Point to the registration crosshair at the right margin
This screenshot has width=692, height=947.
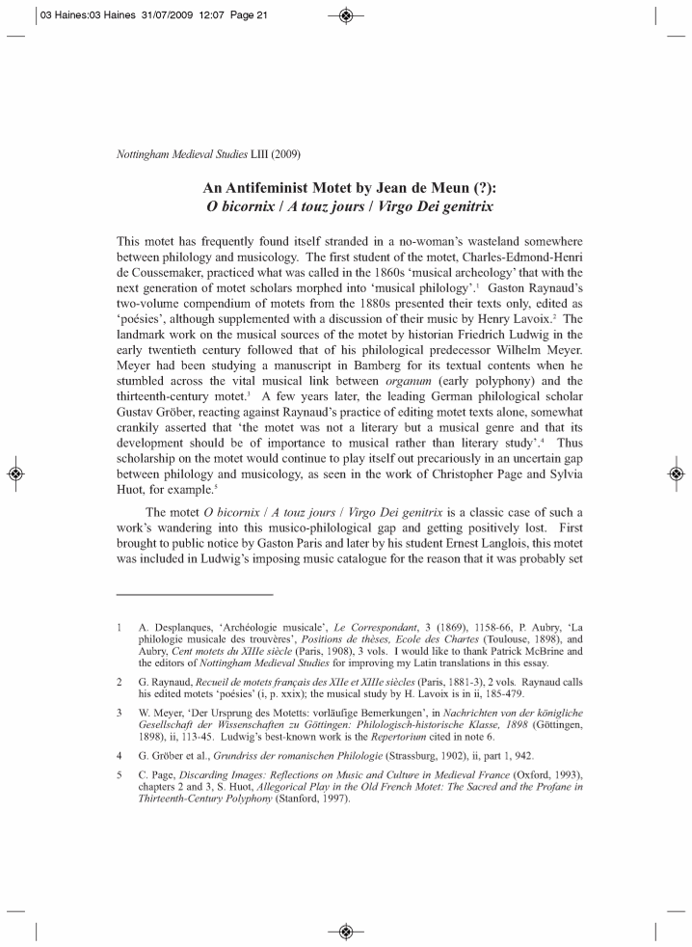(677, 473)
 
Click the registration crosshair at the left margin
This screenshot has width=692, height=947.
(15, 473)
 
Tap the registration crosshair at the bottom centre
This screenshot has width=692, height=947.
(346, 931)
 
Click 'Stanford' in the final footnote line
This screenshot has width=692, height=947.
(301, 798)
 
